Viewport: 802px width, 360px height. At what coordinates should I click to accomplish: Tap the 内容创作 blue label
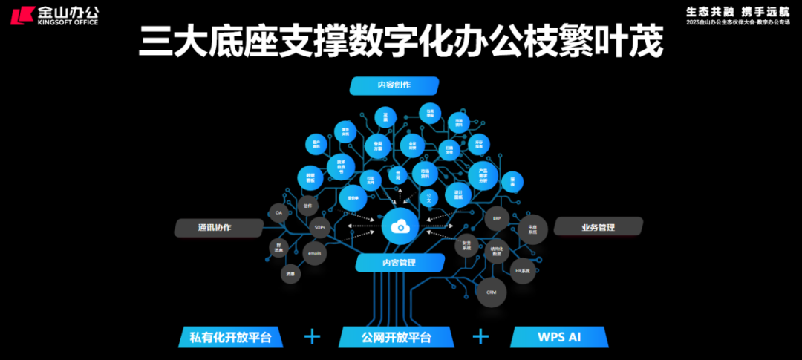[x=394, y=85]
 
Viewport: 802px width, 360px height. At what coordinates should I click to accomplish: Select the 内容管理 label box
[x=400, y=263]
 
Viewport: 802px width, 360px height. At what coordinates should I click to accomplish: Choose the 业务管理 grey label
[x=598, y=227]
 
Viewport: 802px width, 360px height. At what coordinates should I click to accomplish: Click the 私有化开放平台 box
[x=231, y=338]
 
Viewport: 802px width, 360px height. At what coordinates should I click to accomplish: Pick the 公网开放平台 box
[x=397, y=338]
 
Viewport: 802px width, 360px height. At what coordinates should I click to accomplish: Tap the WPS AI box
[x=559, y=338]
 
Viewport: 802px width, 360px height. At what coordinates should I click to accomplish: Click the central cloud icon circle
[x=400, y=227]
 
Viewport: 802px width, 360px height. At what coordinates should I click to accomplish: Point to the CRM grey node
[x=491, y=292]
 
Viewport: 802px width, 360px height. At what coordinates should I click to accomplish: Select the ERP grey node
[x=497, y=219]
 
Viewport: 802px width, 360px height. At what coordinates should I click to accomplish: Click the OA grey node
[x=278, y=213]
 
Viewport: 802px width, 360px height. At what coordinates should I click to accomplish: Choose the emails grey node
[x=314, y=253]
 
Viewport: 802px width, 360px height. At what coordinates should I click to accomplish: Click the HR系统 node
[x=524, y=271]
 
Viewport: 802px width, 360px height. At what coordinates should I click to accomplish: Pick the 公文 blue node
[x=429, y=199]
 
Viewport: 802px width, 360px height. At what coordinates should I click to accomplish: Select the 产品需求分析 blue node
[x=483, y=175]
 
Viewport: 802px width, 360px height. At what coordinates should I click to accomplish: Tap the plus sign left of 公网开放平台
[x=313, y=337]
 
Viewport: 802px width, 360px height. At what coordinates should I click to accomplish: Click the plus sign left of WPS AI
[x=481, y=337]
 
